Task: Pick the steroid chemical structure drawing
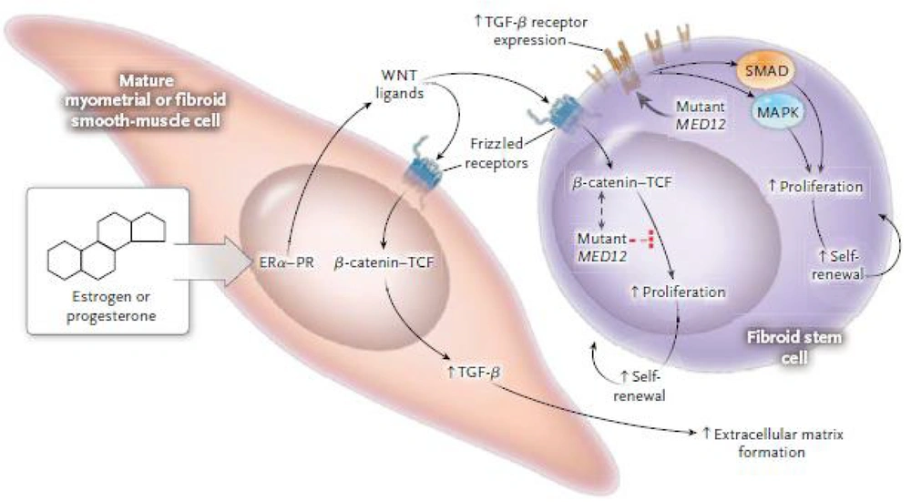pyautogui.click(x=107, y=241)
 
